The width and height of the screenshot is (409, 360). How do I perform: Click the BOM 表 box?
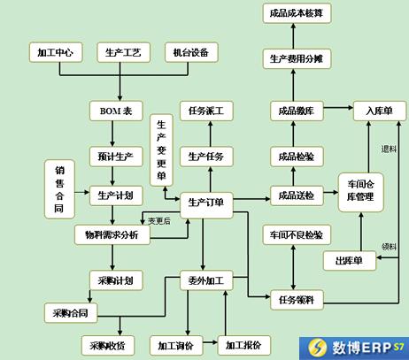pos(116,111)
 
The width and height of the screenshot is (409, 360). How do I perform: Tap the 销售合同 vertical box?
pos(59,189)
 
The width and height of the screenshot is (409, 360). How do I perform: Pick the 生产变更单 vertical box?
pos(161,150)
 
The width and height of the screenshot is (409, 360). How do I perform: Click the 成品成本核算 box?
pos(297,13)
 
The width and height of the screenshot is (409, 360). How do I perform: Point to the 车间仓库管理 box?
pos(361,192)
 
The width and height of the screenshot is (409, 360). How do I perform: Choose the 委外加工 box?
pos(206,280)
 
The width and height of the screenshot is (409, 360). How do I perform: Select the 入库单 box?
pos(380,111)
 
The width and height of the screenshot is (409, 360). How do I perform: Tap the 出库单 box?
pos(350,261)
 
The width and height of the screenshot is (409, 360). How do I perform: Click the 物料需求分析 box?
pos(112,234)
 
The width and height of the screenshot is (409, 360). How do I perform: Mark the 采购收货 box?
pos(108,345)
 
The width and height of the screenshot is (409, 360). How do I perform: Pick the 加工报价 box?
pos(244,345)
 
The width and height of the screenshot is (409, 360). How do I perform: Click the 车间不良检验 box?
pos(297,234)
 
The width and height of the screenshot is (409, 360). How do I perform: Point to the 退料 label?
pos(389,149)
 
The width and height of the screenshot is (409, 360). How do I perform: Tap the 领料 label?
pos(389,247)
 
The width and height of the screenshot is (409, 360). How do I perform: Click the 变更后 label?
pos(159,221)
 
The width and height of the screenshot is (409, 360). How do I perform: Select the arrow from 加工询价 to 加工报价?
pos(210,342)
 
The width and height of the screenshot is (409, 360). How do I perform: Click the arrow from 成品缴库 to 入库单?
pos(338,108)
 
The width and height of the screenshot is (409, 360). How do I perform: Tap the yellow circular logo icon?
pos(318,347)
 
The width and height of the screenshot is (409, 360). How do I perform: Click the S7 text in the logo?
pos(398,346)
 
